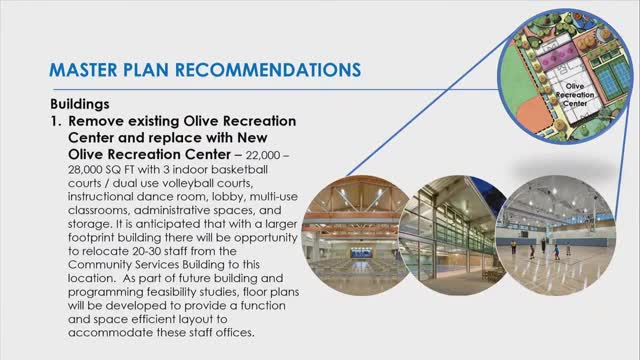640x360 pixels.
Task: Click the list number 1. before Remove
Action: point(56,118)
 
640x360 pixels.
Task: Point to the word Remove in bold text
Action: point(95,118)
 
